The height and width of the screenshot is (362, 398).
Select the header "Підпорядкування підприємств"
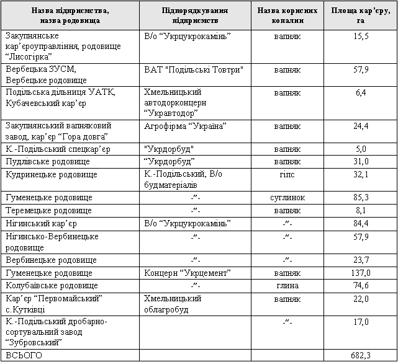pos(194,15)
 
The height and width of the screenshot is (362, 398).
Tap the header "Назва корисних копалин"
pos(288,15)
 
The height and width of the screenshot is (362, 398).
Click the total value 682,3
pos(361,355)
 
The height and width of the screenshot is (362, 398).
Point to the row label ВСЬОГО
pos(24,355)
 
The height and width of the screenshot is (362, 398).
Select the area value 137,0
pos(361,273)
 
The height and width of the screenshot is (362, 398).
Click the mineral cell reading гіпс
pos(288,174)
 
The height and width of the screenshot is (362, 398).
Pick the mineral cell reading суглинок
pos(288,197)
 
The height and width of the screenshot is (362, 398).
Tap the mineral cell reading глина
pos(288,285)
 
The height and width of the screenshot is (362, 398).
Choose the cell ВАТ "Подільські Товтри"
pos(193,68)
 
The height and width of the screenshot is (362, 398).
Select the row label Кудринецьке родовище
pos(51,174)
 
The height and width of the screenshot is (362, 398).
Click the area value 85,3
pos(361,197)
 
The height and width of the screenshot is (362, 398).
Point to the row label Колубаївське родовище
pos(51,285)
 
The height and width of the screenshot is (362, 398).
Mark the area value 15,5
pos(361,36)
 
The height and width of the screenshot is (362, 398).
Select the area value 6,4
pos(361,92)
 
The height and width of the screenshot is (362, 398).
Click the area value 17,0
pos(361,322)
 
